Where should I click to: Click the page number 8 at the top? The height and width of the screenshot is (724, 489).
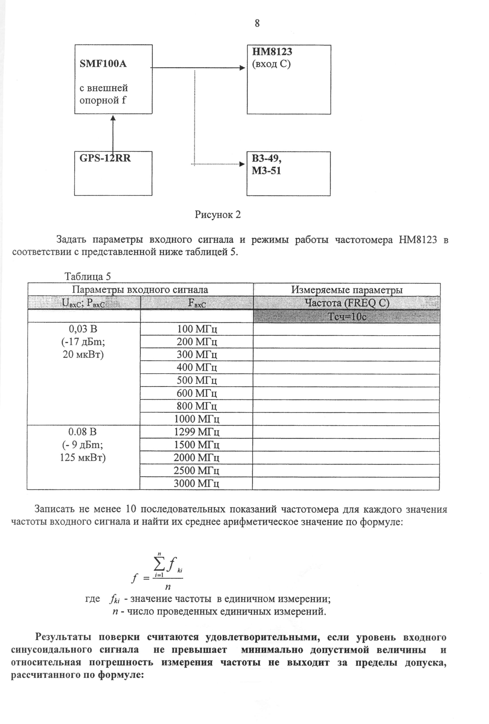click(257, 23)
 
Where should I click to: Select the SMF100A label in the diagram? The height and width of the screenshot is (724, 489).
click(103, 64)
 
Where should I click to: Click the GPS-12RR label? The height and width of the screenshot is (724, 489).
click(105, 158)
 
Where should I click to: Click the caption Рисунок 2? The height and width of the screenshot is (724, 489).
click(217, 215)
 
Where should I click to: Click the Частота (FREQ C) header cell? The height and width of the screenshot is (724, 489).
click(347, 303)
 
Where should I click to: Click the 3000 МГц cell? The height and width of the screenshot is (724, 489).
click(196, 483)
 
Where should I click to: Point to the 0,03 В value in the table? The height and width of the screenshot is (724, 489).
click(83, 329)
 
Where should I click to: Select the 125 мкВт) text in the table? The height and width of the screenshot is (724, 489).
click(83, 458)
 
